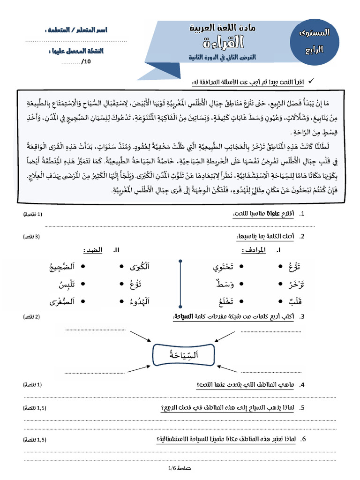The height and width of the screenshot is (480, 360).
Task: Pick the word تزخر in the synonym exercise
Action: (295, 284)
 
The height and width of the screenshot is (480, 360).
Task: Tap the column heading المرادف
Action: (254, 251)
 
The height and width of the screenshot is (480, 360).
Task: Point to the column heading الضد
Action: (94, 251)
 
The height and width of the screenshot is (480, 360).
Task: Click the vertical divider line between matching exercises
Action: (180, 284)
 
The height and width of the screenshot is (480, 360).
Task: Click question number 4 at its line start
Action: (302, 385)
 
